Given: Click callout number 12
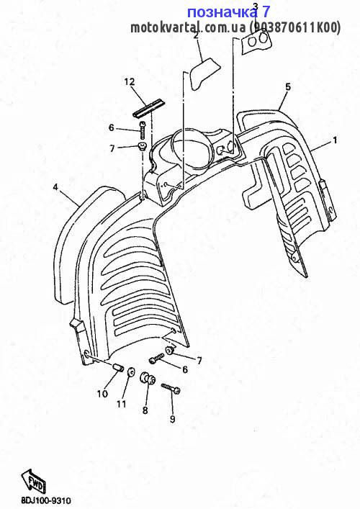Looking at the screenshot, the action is pos(129,81).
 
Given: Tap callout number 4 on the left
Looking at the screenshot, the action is pos(55,187).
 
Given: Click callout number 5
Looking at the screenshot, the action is pos(288,86).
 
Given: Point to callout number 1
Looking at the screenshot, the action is pos(334,140).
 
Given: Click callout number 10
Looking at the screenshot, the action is pos(102,394).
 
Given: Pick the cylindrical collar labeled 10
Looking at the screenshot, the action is pos(119,369).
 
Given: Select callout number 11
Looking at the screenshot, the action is pos(122,404).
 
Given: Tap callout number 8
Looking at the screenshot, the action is pos(145,410).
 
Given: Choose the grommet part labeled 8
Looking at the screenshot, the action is pos(147,379).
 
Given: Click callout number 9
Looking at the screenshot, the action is pos(172,419).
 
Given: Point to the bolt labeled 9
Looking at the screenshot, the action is pos(171,389).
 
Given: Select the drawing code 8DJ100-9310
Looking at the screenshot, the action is pos(46,501).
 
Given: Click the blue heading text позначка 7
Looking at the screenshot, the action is pos(228,12).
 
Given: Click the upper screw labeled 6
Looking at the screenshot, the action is pos(143,130).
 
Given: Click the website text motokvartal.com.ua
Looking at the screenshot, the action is pos(188,28).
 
